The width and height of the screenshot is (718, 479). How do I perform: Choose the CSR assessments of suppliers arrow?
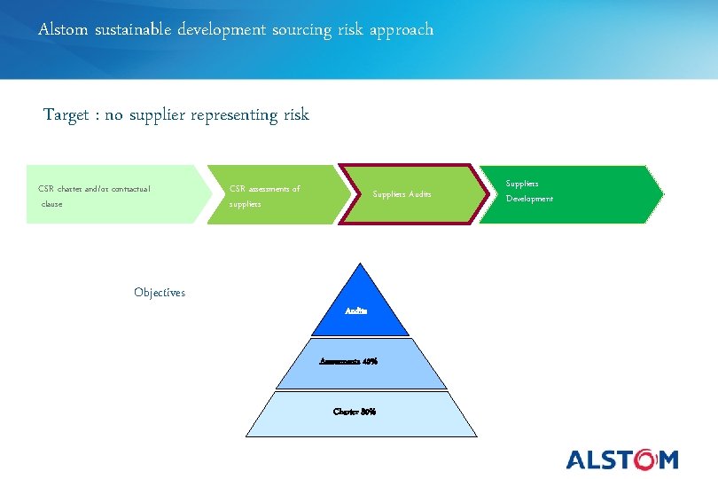[270, 194]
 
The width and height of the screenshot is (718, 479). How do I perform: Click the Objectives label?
[160, 293]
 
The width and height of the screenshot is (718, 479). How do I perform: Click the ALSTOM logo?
[621, 459]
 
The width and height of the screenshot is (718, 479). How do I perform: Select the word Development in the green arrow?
[529, 199]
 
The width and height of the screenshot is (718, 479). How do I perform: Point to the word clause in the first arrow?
[52, 204]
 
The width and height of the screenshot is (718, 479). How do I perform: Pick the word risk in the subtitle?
[296, 115]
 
